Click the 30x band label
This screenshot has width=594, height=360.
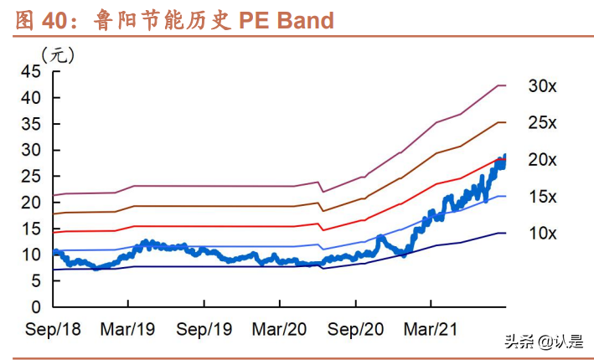coord(542,86)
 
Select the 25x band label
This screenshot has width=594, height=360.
coord(542,123)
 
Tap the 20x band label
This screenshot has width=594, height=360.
coord(542,160)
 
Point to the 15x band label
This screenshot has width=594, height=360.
coord(542,197)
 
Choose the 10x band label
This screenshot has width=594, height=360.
coord(542,233)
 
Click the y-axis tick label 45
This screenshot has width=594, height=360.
coord(30,71)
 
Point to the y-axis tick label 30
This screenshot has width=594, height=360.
coord(30,150)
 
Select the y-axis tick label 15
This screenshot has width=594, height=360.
coord(30,229)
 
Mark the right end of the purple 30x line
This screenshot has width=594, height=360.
coord(505,85)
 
